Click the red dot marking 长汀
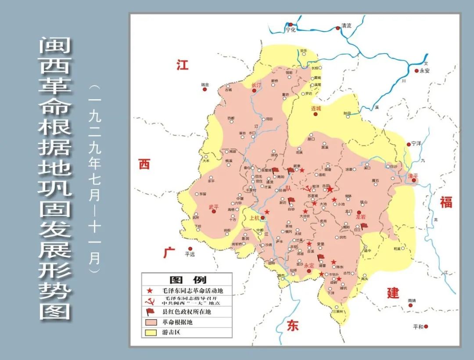point(254,90)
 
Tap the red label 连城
point(316,108)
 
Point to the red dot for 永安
point(417,70)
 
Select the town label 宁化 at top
point(291,30)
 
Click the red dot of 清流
point(338,28)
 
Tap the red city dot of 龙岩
point(359,212)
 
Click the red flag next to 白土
point(364,226)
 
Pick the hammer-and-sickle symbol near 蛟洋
point(308,189)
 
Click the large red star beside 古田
point(330,189)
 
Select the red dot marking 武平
point(214,212)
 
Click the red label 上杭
point(254,218)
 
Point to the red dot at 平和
point(425,326)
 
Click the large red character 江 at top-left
point(182,65)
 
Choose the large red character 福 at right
point(446,202)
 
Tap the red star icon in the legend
point(150,291)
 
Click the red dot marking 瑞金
point(205,89)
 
